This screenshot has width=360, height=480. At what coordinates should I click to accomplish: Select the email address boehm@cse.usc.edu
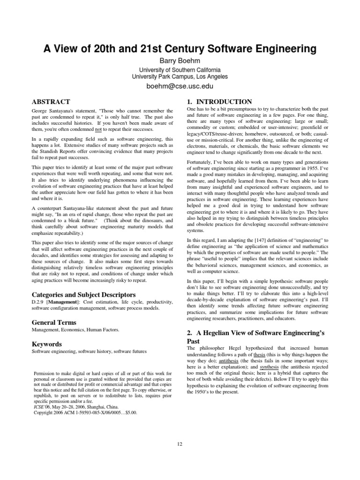coord(180,87)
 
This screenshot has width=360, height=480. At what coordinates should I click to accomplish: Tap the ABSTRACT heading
coord(51,102)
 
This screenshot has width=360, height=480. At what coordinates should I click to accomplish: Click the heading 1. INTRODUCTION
coord(219,102)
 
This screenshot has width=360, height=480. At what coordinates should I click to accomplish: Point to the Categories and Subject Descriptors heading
coord(84,295)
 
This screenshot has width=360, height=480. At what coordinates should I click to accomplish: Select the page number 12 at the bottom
coord(180,444)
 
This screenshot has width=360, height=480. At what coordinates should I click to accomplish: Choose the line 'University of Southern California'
coord(180,69)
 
